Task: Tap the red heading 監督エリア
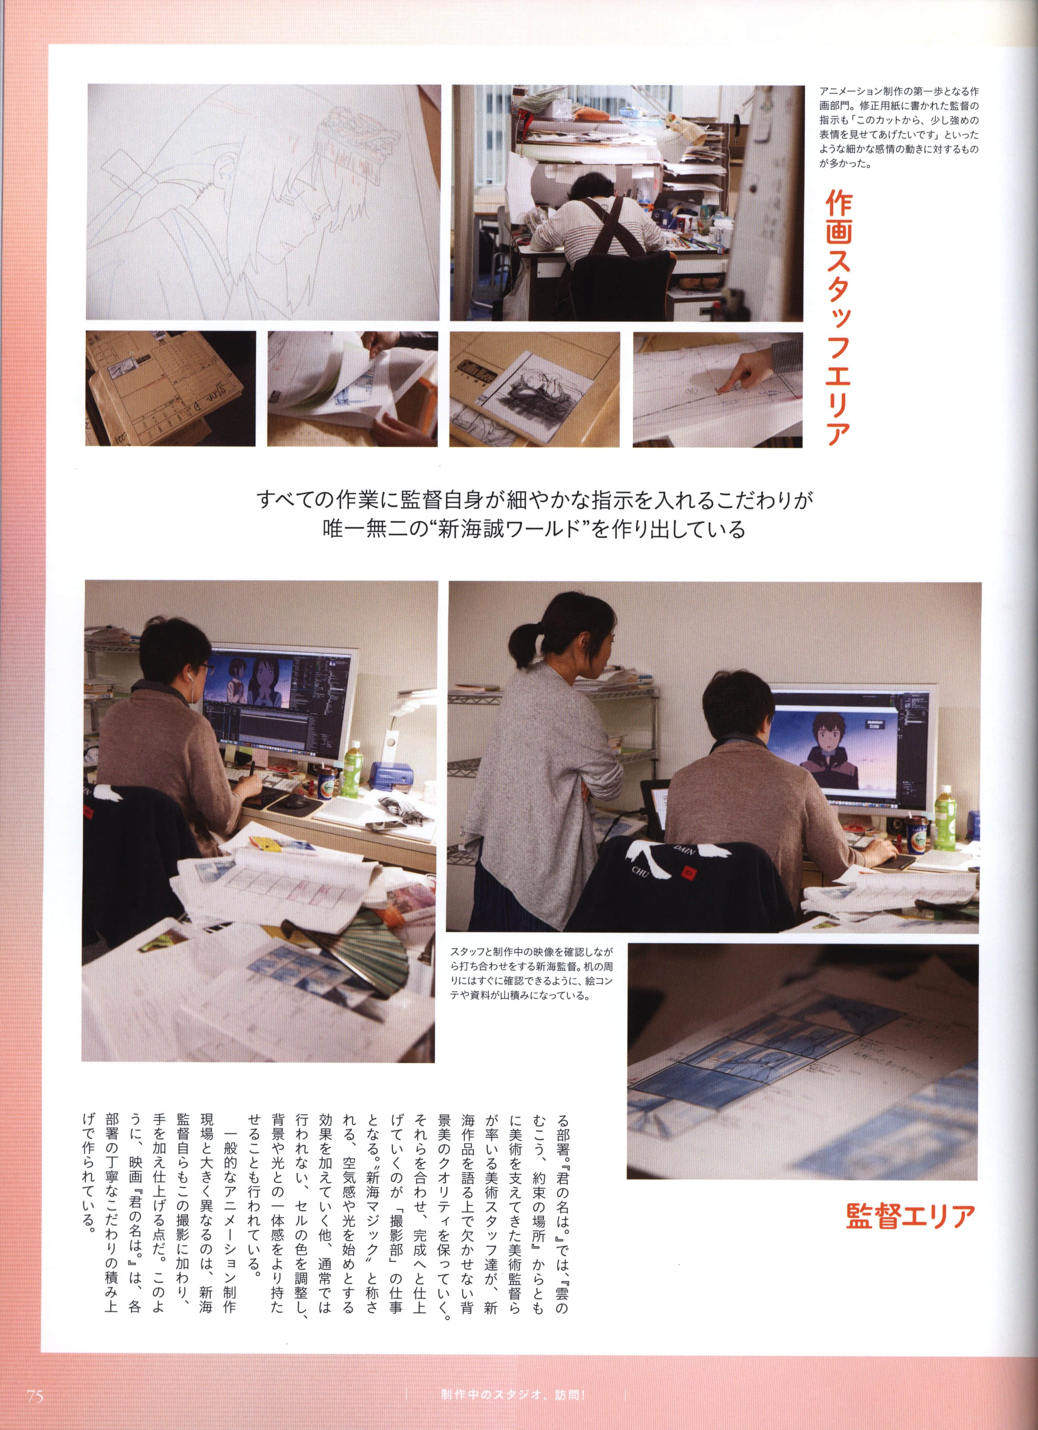[x=910, y=1216]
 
